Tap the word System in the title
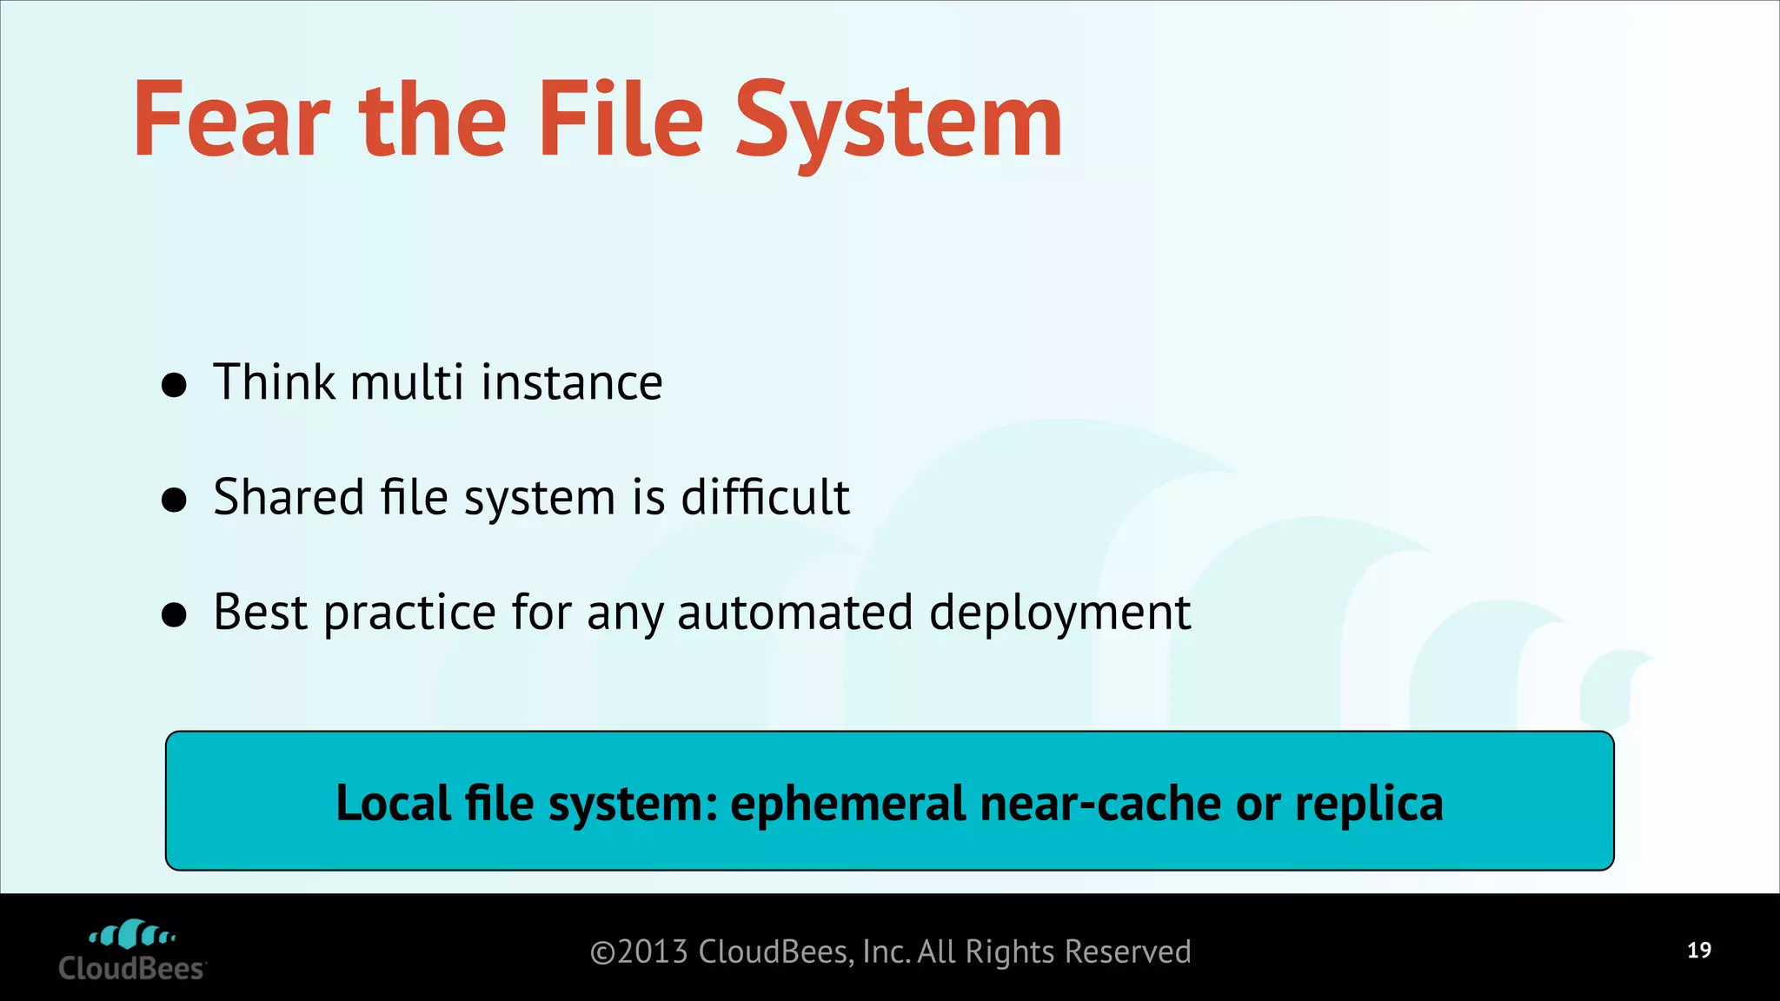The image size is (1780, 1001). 899,122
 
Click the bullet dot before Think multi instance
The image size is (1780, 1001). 175,385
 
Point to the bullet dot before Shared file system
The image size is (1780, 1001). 175,500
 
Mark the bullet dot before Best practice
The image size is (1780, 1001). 175,614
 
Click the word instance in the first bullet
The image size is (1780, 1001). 572,382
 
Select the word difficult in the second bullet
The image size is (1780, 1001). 765,497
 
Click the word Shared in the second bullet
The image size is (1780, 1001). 289,497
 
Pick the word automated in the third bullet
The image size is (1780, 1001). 794,612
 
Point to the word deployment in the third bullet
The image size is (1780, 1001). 1059,613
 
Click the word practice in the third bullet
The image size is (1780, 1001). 409,613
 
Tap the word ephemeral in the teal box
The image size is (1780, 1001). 847,803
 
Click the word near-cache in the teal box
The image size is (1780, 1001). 1100,803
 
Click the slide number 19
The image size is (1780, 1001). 1699,950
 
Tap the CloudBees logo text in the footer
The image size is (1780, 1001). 131,968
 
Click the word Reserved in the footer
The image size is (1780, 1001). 1127,952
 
